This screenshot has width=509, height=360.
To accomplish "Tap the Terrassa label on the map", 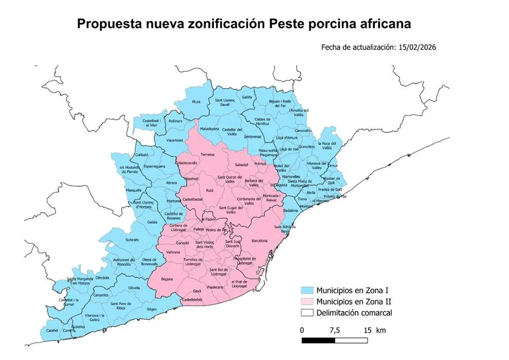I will point(208,154).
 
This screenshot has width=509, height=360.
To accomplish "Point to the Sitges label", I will point(152,309).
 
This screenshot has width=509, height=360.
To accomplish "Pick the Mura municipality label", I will point(196,101).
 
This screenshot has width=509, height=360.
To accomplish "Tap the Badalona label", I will point(291,210).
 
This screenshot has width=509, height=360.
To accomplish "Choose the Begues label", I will point(167,279).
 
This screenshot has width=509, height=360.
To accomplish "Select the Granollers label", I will point(307,146).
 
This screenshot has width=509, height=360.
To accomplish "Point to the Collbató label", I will point(142,154).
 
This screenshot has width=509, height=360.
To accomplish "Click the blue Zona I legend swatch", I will point(306,291).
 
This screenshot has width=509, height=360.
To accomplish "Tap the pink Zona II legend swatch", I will point(306,302).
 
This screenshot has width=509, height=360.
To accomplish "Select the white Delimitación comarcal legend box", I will point(306,312).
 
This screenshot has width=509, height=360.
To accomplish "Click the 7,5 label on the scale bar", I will point(336,329).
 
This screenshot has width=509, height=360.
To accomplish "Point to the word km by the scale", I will point(381,329).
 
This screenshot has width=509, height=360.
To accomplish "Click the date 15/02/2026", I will point(417,48).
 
